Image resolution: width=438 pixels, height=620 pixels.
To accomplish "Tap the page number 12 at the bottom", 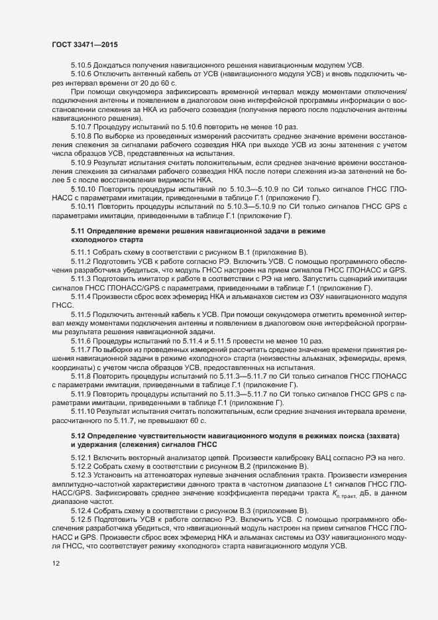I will (x=56, y=582).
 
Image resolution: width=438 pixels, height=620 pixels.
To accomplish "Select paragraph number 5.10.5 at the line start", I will (x=82, y=65).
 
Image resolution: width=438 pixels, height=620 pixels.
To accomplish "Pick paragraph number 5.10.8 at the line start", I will (x=82, y=134).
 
